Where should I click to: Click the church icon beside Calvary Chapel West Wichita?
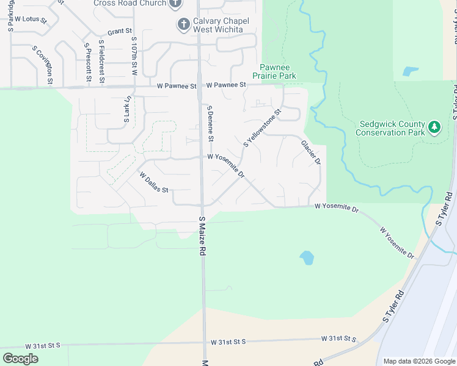(183, 24)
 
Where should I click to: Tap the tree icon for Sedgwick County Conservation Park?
(434, 127)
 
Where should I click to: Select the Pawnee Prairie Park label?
(278, 71)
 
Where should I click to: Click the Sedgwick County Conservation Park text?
(390, 128)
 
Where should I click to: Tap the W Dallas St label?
(154, 182)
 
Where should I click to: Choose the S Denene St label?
(210, 123)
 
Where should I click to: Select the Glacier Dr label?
(310, 152)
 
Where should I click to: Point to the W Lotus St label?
(31, 20)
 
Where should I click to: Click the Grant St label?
(120, 31)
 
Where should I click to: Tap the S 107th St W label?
(134, 56)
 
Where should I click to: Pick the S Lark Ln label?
(127, 109)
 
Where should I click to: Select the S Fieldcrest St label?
(102, 63)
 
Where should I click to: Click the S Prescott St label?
(88, 63)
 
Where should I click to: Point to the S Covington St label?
(42, 65)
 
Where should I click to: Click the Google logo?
(21, 359)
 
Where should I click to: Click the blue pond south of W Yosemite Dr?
(307, 258)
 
